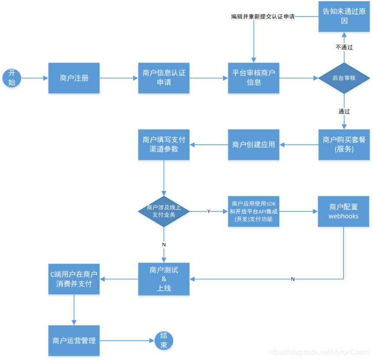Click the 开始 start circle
[12, 78]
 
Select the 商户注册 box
[74, 78]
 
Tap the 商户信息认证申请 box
[164, 78]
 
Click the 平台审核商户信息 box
[254, 78]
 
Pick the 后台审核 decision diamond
[344, 78]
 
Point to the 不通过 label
[344, 47]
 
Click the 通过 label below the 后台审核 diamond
[344, 111]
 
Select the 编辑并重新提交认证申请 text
[263, 17]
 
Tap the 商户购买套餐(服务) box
[344, 144]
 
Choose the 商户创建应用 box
[254, 144]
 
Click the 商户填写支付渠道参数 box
[164, 144]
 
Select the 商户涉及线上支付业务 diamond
[164, 211]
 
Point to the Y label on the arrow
[209, 211]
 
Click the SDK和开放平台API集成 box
[254, 211]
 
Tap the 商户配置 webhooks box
[344, 211]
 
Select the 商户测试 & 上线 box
[164, 279]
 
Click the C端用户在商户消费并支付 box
[74, 279]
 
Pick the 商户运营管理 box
[74, 341]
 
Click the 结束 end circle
[164, 341]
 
